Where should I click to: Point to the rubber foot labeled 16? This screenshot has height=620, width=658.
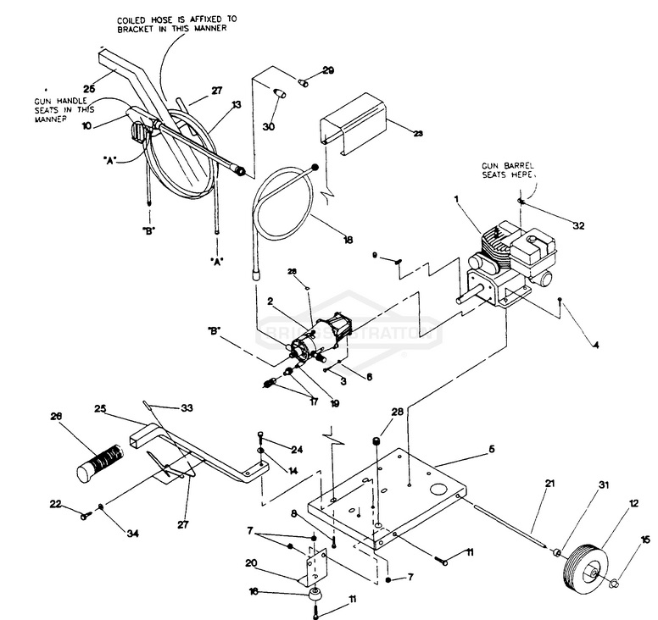tap(315, 593)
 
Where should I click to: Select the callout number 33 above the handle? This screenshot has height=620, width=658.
tap(187, 408)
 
